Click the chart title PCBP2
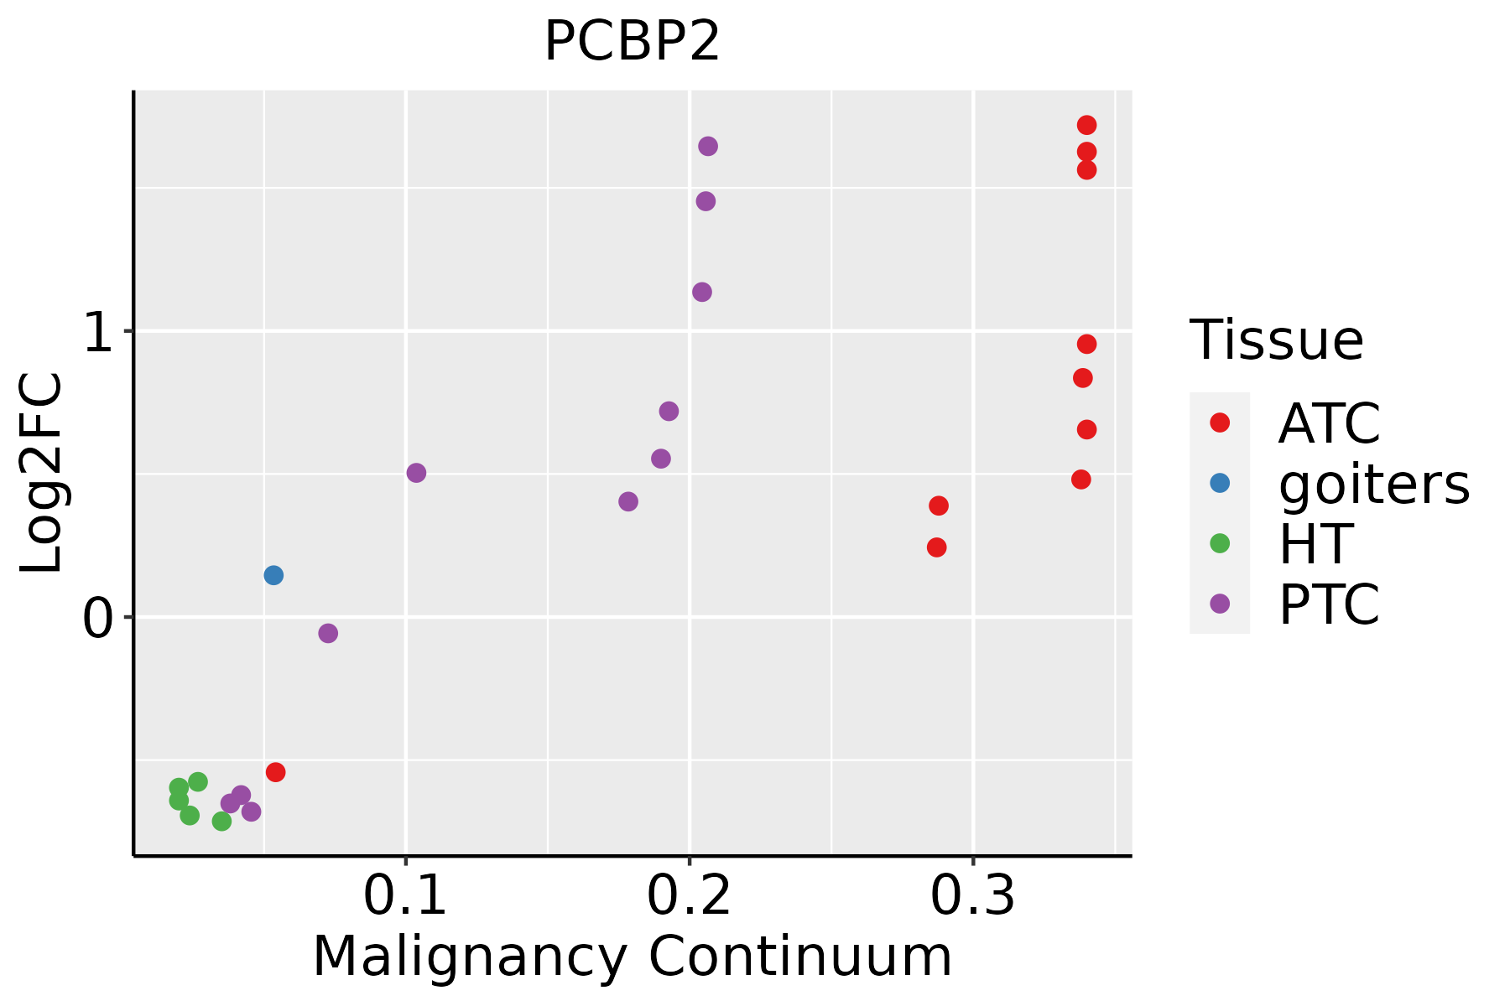tap(632, 42)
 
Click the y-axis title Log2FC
tap(42, 474)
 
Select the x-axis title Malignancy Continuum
tap(632, 957)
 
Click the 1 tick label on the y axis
tap(98, 333)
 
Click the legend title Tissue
tap(1276, 340)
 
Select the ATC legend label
tap(1329, 423)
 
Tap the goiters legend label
tap(1374, 484)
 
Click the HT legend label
tap(1315, 544)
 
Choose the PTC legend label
tap(1329, 604)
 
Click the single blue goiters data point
tap(273, 575)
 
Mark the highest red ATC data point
tap(1086, 125)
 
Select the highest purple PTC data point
tap(708, 146)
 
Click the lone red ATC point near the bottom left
tap(275, 772)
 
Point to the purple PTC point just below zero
tap(328, 633)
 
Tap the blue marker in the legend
tap(1220, 483)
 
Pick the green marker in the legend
tap(1220, 543)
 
